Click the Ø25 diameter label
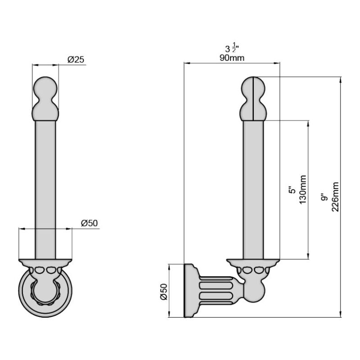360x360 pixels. (x=76, y=59)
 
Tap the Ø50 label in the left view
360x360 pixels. (x=89, y=223)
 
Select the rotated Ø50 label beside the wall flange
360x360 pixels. (x=164, y=292)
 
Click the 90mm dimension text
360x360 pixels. (x=232, y=58)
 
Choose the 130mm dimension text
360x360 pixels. (x=302, y=189)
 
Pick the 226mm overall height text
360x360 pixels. (x=335, y=197)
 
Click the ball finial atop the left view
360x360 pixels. (x=45, y=99)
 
